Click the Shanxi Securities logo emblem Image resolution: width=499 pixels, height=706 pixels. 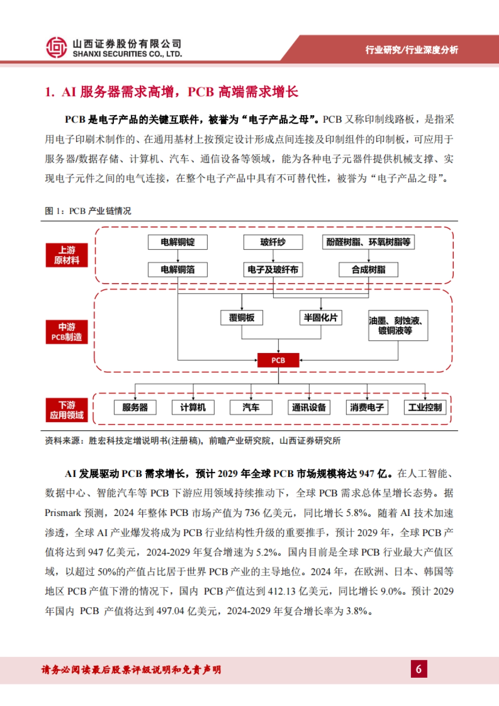click(56, 47)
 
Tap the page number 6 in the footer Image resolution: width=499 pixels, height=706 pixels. click(419, 669)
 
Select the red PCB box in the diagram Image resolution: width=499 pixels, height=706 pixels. click(278, 360)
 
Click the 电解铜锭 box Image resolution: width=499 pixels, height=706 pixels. click(178, 242)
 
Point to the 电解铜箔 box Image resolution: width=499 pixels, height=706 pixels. click(178, 269)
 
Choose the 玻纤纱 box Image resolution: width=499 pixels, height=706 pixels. click(273, 242)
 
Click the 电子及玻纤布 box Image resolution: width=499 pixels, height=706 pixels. click(273, 269)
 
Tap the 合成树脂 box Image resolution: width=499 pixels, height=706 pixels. click(368, 269)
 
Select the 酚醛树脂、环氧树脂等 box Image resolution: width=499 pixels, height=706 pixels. click(368, 242)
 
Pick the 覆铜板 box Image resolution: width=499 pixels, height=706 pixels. click(242, 318)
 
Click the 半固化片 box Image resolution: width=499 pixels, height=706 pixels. click(321, 318)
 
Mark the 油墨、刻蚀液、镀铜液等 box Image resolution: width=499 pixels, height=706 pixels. click(398, 326)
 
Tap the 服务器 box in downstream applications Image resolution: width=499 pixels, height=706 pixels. click(135, 407)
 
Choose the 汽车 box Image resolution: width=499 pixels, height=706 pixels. click(251, 407)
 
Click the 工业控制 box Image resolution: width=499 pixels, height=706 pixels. click(425, 407)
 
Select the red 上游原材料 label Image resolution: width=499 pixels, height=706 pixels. click(67, 255)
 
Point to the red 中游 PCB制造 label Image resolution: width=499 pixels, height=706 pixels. click(67, 332)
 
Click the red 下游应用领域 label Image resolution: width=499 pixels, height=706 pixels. click(67, 410)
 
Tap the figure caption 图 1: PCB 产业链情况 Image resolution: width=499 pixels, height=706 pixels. click(88, 211)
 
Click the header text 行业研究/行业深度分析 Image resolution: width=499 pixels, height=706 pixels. click(411, 50)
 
